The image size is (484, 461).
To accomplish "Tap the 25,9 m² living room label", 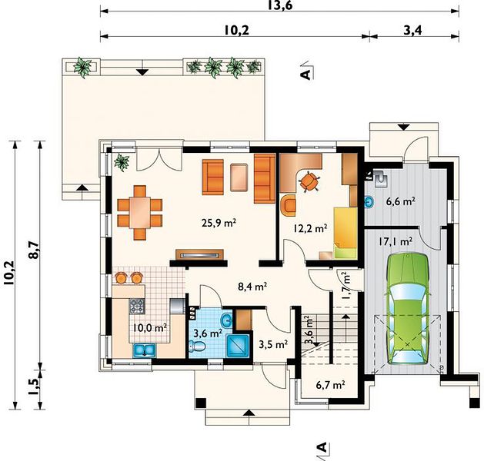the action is (219, 222).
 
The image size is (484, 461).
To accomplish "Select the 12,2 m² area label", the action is (310, 228).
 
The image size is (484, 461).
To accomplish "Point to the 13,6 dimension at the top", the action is (280, 5).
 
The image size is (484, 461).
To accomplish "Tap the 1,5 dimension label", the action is (35, 386).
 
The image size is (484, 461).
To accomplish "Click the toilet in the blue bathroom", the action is (197, 347).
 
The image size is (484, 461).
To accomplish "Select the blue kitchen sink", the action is (145, 350).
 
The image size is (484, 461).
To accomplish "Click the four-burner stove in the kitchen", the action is (137, 307).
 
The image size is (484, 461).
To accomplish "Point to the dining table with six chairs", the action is (140, 213).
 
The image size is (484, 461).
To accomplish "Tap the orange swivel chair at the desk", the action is (309, 182).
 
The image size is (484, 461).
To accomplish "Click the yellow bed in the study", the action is (345, 233).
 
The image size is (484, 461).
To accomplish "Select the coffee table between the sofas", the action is (239, 177).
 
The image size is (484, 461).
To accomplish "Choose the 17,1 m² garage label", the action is (396, 241).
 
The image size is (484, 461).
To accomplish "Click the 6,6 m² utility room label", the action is (401, 201).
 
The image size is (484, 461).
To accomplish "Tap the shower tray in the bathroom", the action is (238, 346).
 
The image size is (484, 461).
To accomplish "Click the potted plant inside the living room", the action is (122, 162).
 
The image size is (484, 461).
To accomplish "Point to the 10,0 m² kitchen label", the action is (150, 327).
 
